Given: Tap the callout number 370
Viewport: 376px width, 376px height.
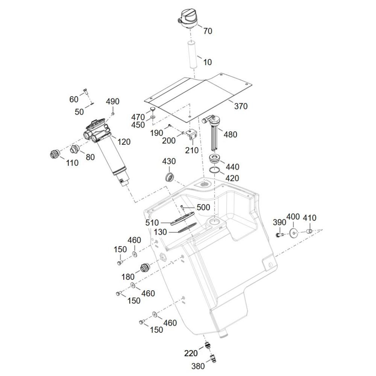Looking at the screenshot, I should (241, 106).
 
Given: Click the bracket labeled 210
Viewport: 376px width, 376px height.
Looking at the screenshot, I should (192, 136).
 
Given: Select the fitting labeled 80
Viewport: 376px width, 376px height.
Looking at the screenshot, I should (75, 149).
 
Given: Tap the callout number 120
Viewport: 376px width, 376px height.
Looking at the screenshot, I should (124, 142).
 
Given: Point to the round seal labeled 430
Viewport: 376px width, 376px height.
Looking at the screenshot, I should (170, 176).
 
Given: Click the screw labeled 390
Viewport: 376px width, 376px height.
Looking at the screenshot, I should (279, 235).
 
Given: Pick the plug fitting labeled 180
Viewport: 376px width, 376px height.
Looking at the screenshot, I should (145, 268).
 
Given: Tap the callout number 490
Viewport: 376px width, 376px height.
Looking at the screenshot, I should (112, 102).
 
